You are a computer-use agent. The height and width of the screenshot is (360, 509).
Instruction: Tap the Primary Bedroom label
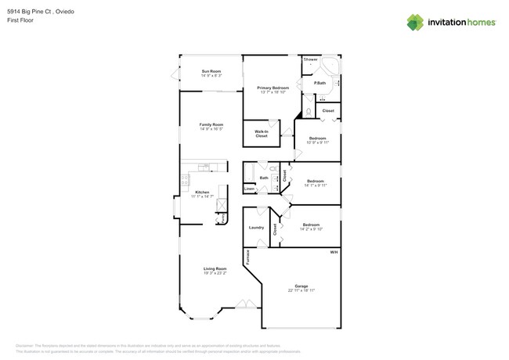(272, 88)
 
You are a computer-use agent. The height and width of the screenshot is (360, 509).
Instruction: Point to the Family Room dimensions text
(211, 129)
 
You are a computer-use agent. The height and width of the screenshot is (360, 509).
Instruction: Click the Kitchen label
(202, 192)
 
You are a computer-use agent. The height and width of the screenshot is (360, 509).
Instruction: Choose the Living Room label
(215, 268)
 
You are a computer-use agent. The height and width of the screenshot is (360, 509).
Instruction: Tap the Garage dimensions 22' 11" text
(300, 290)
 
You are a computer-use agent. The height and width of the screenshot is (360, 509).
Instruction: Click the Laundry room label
(256, 228)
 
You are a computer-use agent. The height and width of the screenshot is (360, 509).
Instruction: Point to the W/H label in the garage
(333, 252)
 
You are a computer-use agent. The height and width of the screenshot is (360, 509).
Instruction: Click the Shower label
(311, 59)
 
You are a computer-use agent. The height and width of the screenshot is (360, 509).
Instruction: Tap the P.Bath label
(319, 83)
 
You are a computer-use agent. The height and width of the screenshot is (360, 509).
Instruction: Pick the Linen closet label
(248, 189)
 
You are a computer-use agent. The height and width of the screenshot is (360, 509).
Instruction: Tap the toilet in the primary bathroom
(309, 112)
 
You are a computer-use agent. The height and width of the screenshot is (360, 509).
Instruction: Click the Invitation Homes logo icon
(414, 23)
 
